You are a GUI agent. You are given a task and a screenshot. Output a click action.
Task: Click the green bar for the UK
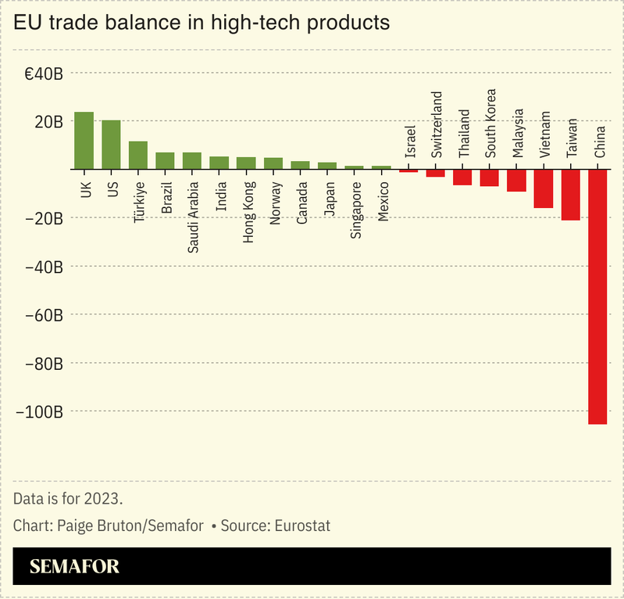(x=84, y=141)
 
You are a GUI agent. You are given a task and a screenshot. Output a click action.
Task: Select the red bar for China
(x=597, y=296)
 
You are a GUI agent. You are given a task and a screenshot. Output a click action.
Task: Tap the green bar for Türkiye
(x=138, y=155)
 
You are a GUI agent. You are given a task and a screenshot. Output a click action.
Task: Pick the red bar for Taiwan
(x=571, y=195)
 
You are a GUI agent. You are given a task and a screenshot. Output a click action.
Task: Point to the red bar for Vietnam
(x=544, y=188)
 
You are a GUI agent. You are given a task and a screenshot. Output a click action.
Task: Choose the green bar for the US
(x=111, y=145)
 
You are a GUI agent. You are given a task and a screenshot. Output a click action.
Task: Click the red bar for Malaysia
(x=516, y=181)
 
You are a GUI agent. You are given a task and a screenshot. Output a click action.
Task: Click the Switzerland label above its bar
(x=437, y=126)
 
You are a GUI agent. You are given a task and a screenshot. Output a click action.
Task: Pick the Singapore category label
(x=355, y=210)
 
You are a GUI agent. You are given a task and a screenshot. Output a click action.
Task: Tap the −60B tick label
(x=45, y=315)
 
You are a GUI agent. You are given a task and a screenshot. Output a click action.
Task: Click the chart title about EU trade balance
(x=201, y=23)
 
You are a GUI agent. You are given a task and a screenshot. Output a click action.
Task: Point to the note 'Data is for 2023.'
(x=68, y=498)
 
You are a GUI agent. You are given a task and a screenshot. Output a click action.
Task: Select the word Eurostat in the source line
(x=301, y=525)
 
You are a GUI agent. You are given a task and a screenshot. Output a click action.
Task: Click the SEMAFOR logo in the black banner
(x=75, y=567)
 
